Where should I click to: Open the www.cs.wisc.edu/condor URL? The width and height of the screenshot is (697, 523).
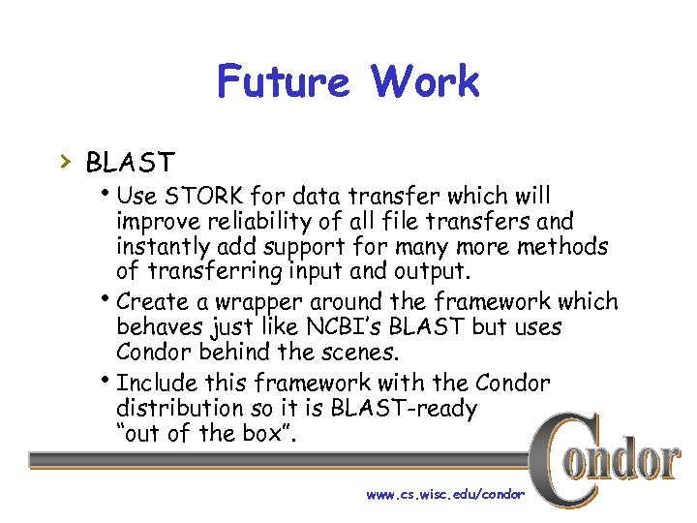tap(444, 494)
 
